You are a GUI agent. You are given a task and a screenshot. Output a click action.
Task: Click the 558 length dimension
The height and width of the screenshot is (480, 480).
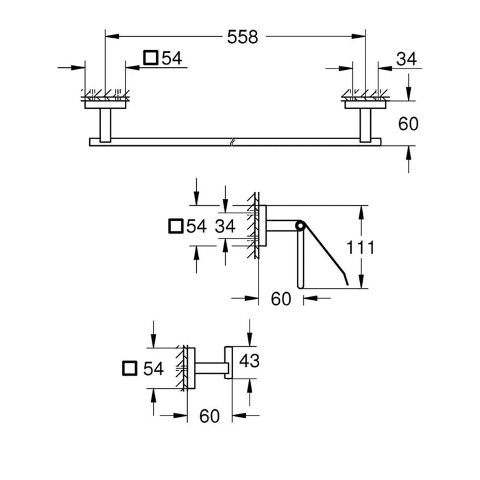point(243,37)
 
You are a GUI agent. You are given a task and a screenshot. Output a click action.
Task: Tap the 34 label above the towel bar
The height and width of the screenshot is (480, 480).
point(406,59)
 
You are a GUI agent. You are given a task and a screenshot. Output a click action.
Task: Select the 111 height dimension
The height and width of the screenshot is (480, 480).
point(360,248)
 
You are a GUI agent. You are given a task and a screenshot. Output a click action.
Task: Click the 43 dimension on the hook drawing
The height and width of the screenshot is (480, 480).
point(249,360)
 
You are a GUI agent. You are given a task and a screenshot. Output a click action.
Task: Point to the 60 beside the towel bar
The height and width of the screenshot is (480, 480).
point(408,124)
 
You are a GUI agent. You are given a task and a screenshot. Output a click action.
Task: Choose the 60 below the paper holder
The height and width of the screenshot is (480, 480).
point(280,299)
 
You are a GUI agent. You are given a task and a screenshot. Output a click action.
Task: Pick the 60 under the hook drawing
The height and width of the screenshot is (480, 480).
point(209,416)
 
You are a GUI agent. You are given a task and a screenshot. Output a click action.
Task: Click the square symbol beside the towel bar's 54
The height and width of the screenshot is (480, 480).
point(151,58)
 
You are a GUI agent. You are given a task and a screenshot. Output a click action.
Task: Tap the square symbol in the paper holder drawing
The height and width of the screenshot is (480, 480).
point(176,226)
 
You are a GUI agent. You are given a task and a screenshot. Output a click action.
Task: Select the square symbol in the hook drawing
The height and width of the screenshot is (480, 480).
point(130,368)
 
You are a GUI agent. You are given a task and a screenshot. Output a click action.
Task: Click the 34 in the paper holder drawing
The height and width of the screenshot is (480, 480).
point(225,226)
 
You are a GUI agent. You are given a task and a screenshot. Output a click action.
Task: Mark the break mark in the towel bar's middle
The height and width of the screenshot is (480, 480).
point(232,142)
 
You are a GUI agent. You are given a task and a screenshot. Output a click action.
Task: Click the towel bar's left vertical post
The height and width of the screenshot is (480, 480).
point(106,125)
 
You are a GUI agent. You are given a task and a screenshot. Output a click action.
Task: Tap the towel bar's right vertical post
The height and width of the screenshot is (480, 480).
point(365,125)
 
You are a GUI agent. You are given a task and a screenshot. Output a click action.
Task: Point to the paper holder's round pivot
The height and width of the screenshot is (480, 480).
point(300,226)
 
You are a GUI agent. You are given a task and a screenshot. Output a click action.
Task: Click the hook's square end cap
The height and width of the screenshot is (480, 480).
point(228,363)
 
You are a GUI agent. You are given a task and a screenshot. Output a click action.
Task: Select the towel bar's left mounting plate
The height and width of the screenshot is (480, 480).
point(106,105)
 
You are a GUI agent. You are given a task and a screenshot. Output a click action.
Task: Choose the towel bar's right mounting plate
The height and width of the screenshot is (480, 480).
point(365,105)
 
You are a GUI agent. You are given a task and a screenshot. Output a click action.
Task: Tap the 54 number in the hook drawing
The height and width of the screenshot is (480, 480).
point(154,369)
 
